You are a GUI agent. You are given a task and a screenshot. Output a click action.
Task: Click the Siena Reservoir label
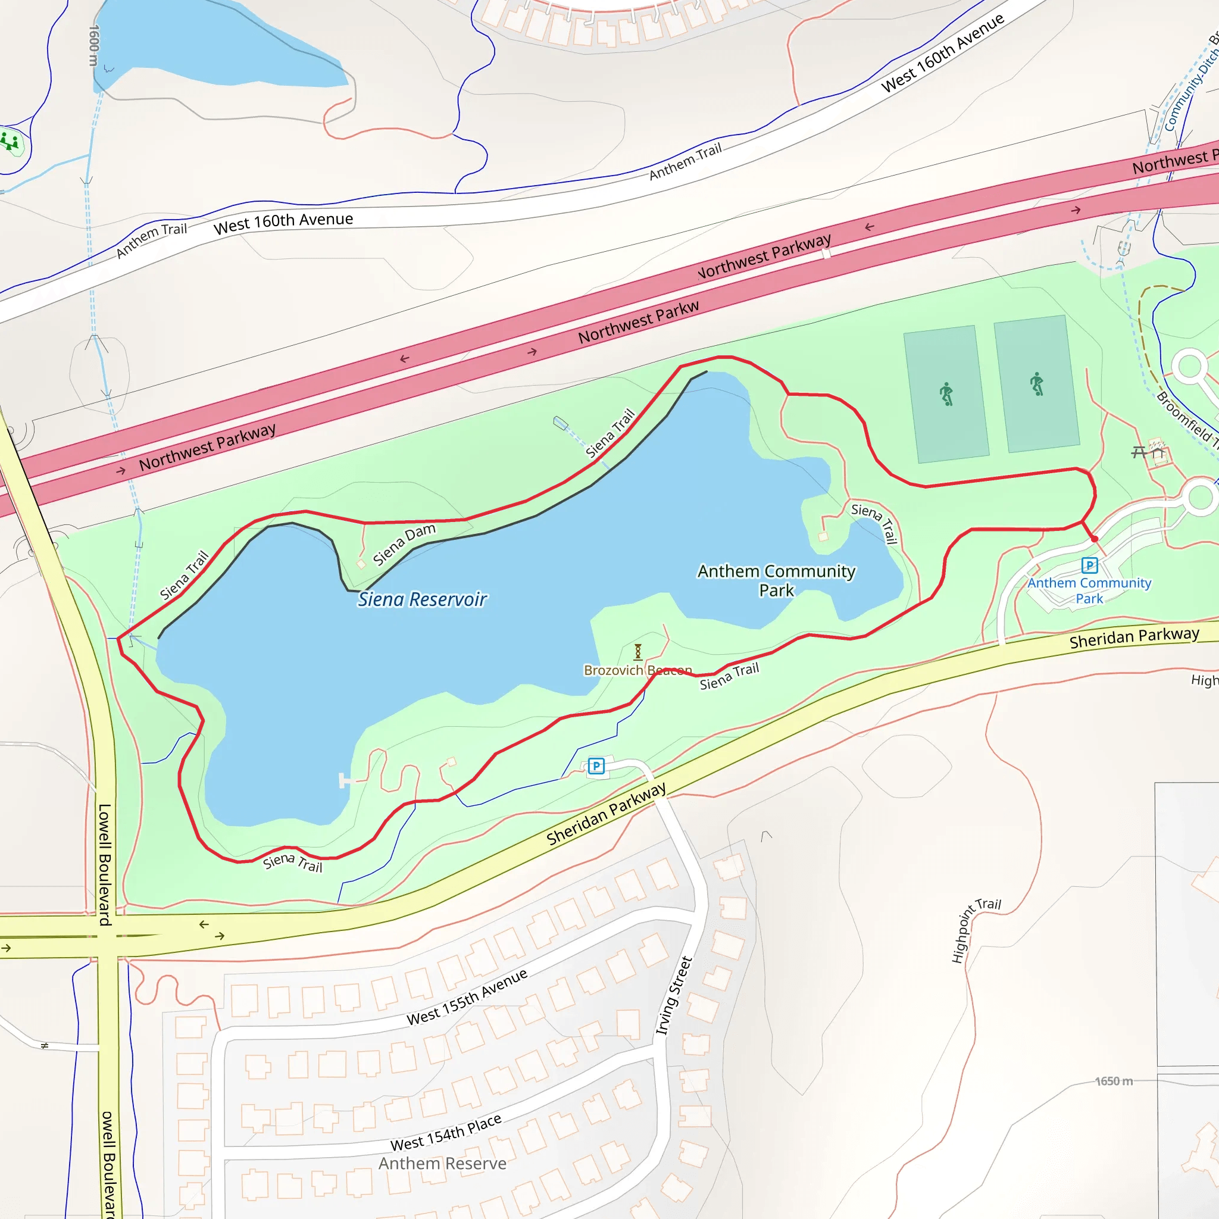coord(422,599)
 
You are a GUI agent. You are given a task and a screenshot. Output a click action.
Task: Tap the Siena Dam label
coord(404,544)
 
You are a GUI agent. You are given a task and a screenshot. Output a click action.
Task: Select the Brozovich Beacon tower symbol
coord(638,651)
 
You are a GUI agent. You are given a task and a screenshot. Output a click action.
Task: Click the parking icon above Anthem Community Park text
coord(1090,565)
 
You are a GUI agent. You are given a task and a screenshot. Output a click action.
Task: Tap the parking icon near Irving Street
coord(596,766)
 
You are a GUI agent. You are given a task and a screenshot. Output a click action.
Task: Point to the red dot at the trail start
coord(1095,539)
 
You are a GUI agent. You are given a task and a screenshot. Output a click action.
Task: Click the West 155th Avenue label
coord(467,998)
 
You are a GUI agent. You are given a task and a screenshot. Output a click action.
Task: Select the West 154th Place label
coord(446,1133)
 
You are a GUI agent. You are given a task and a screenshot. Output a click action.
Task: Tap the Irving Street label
coord(674,996)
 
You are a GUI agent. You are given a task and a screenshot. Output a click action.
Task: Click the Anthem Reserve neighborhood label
coord(442,1164)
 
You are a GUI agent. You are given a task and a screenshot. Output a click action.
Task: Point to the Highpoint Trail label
coord(974,930)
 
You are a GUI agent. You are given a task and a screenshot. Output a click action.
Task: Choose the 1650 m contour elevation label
coord(1114,1082)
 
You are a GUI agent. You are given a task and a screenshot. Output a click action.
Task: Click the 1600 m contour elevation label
coord(94,45)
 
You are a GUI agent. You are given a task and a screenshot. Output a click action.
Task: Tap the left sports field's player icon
coord(946,395)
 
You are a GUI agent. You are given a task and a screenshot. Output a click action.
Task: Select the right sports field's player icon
coord(1037,384)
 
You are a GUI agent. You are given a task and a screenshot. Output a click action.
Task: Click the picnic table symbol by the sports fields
coord(1139,452)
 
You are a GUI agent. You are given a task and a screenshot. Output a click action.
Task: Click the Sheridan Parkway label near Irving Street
coord(607,814)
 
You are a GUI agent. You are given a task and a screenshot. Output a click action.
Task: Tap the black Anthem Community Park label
coord(776,580)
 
